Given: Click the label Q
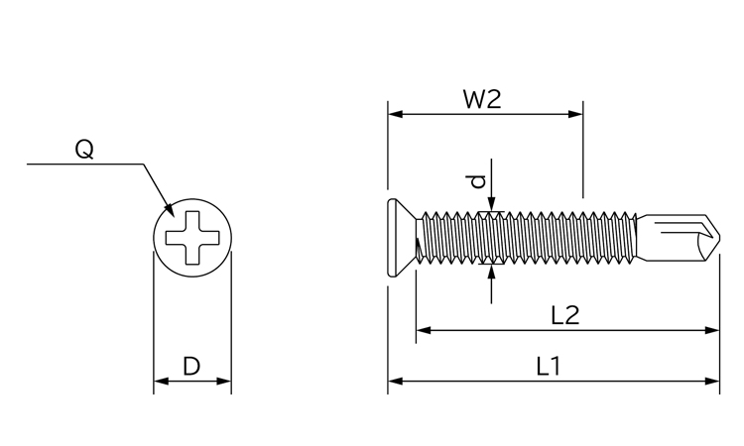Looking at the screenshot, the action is tap(84, 149).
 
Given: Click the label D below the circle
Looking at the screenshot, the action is tap(191, 367).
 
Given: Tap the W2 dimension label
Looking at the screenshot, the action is tap(482, 99).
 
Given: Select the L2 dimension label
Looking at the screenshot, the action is tap(565, 315).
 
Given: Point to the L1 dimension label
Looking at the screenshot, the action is tap(549, 367).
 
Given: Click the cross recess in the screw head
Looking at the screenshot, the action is tap(192, 238).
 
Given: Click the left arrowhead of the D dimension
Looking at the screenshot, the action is tap(162, 381).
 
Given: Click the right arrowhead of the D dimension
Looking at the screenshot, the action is tap(224, 381).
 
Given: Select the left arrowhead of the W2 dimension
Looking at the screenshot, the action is tap(395, 114).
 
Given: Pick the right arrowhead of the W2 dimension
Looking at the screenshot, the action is tap(575, 114).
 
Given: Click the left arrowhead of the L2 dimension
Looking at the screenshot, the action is tap(424, 330).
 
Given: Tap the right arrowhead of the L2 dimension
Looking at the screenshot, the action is tap(712, 330).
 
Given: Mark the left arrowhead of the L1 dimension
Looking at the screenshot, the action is tap(395, 381).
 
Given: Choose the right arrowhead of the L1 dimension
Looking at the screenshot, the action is tap(712, 381).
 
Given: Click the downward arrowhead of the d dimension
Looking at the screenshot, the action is tap(492, 204).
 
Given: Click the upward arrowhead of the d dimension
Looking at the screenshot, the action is tap(492, 272).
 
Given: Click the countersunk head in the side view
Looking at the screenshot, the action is tap(402, 238).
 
